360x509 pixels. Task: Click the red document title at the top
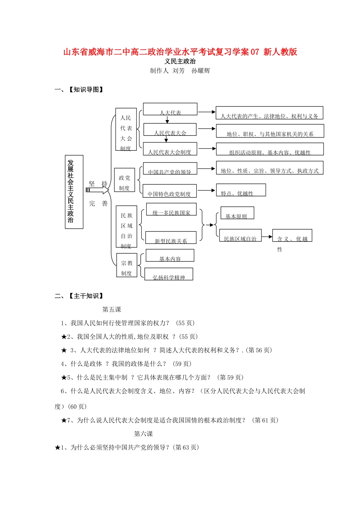180,52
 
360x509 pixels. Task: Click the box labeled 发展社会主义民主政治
74,192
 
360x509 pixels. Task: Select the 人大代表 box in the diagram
170,109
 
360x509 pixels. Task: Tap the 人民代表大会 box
170,130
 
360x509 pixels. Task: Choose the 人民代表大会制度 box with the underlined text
170,149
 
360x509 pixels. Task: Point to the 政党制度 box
124,180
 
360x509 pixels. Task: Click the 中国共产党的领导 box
170,169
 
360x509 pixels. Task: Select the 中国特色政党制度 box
170,191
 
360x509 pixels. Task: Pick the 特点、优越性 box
241,190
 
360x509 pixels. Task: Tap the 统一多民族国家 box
171,209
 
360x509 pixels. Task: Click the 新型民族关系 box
171,237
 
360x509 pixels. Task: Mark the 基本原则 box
237,213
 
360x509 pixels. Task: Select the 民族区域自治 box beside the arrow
240,236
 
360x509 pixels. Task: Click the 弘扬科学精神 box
169,274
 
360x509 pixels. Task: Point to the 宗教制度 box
127,265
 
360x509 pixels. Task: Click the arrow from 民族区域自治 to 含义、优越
267,236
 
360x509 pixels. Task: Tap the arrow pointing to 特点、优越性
207,190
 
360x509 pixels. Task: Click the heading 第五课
112,309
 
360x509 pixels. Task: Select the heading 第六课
144,434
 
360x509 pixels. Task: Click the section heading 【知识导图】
86,90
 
